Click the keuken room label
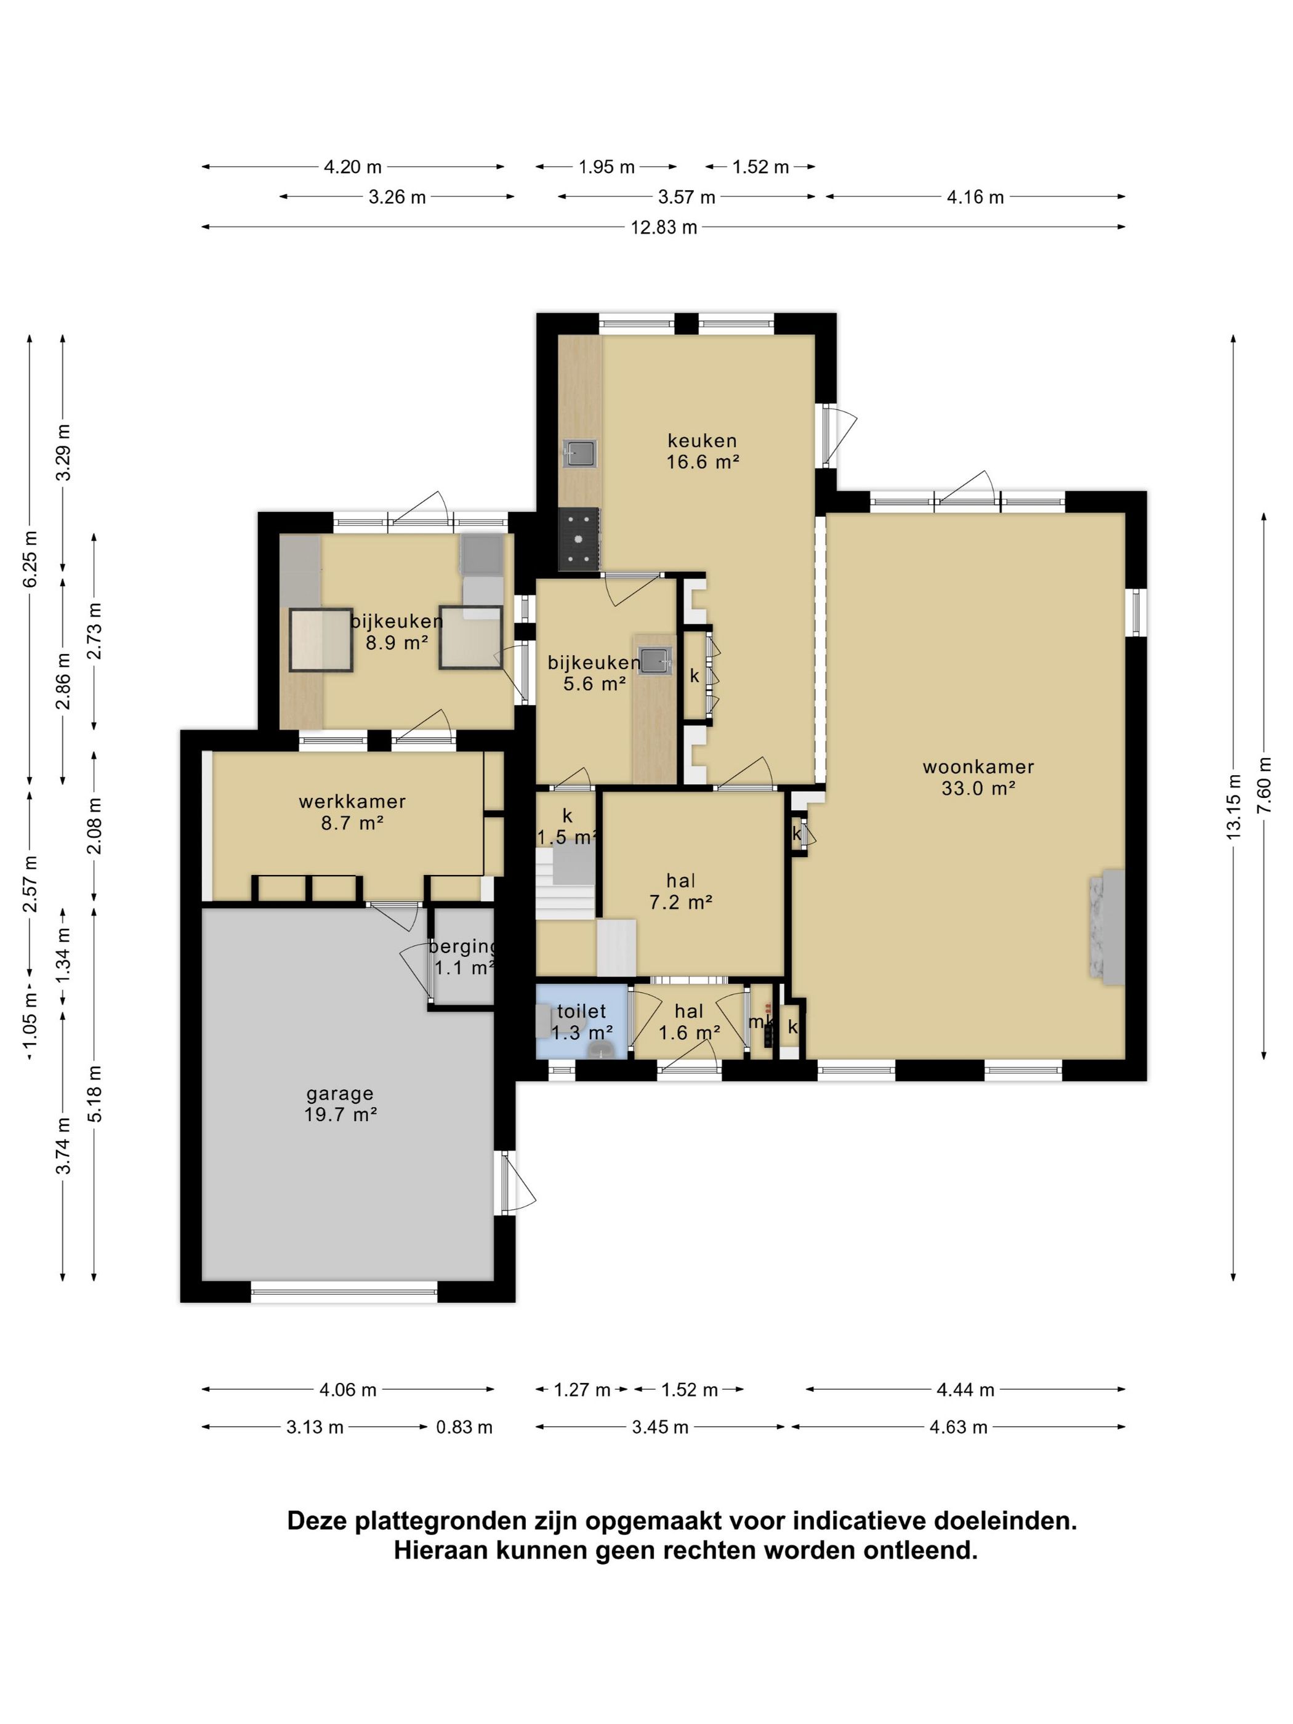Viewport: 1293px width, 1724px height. (701, 451)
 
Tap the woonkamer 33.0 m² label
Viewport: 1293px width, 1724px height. (978, 777)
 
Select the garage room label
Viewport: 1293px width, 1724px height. (340, 1103)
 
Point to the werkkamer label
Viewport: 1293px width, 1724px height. (352, 812)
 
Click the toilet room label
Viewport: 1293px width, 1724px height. (581, 1021)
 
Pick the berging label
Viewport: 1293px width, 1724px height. (464, 957)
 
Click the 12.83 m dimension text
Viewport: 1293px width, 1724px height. (663, 228)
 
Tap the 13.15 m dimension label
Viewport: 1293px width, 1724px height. (1233, 806)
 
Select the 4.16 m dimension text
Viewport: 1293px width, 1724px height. (975, 197)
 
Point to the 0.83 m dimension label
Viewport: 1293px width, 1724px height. (464, 1427)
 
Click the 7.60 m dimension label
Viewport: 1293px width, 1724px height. (1263, 786)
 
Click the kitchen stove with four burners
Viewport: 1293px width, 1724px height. (579, 538)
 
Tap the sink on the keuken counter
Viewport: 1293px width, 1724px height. (580, 453)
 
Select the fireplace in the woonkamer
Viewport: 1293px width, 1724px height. (1106, 927)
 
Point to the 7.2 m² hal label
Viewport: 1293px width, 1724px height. (680, 892)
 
